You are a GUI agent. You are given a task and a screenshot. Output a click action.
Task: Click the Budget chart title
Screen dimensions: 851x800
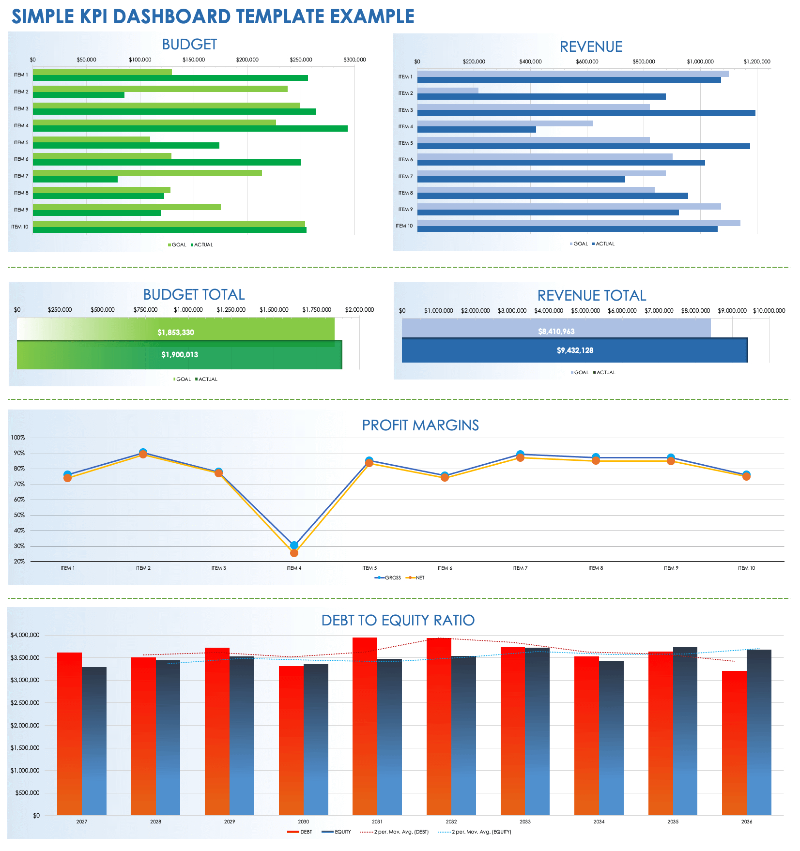189,45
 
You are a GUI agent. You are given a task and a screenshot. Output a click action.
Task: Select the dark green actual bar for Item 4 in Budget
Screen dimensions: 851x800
190,129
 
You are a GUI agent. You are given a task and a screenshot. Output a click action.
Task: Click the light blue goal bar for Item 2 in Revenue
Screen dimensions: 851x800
447,91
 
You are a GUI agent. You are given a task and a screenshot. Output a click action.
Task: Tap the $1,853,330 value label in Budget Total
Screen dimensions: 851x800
175,333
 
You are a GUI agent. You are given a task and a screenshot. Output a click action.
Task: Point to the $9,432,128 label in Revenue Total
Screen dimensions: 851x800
575,350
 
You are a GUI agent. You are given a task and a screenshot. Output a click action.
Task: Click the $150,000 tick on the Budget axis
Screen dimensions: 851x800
193,60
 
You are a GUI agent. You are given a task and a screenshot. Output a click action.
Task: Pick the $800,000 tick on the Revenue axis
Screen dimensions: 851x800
644,62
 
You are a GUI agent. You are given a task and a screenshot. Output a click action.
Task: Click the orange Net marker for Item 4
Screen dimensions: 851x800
294,553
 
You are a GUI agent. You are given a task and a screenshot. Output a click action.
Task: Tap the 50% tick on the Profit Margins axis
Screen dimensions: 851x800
19,515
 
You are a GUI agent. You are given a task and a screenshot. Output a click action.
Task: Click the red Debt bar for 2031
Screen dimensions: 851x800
365,726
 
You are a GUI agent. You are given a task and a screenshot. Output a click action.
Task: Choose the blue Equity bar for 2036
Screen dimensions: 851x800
759,731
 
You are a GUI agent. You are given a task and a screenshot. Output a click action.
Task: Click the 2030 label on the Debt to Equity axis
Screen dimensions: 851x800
303,821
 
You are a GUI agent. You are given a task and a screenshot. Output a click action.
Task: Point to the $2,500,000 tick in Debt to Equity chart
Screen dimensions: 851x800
25,703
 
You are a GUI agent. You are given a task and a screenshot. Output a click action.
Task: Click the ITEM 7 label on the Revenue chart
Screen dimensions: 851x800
405,177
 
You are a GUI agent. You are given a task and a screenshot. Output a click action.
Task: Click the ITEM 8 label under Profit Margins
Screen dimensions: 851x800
595,568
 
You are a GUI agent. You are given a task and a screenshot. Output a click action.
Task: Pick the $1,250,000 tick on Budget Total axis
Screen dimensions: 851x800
231,310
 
